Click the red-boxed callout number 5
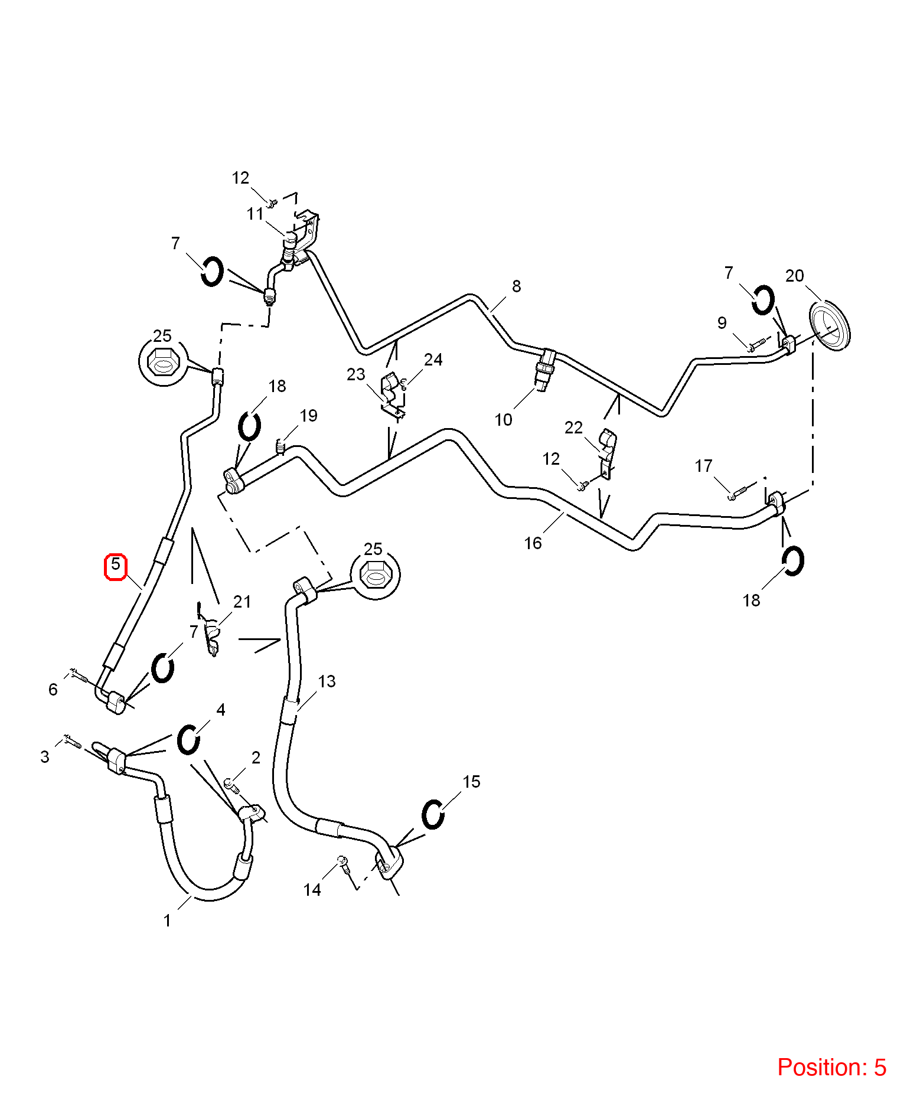tap(116, 564)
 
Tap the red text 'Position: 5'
tap(831, 1068)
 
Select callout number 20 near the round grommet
tap(795, 276)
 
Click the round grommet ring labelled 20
tap(830, 327)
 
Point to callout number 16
tap(533, 543)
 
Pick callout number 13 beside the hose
tap(327, 681)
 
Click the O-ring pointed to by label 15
tap(433, 815)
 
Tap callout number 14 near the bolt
tap(312, 890)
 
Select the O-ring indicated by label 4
tap(188, 739)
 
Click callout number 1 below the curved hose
tap(167, 921)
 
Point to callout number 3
tap(45, 757)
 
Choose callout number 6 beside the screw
tap(53, 690)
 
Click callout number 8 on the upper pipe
tap(517, 286)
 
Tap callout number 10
tap(503, 420)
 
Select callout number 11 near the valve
tap(255, 214)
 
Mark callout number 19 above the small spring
tap(308, 416)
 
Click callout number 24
tap(433, 360)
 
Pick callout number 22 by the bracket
tap(573, 428)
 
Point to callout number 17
tap(703, 466)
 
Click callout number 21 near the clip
tap(242, 602)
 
